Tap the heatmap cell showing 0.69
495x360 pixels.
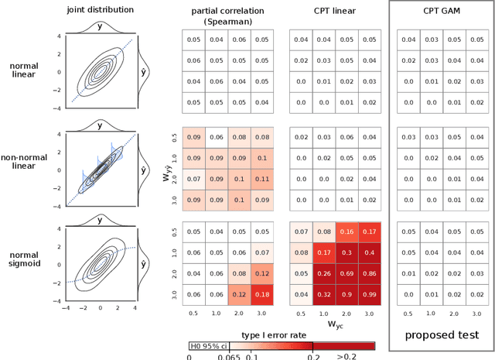click(x=346, y=274)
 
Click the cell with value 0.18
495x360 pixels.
click(x=261, y=295)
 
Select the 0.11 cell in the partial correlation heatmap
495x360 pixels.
click(x=261, y=179)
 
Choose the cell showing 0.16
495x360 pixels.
click(x=346, y=231)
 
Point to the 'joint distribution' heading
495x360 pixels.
click(x=101, y=10)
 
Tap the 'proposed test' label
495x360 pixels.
click(x=442, y=334)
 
